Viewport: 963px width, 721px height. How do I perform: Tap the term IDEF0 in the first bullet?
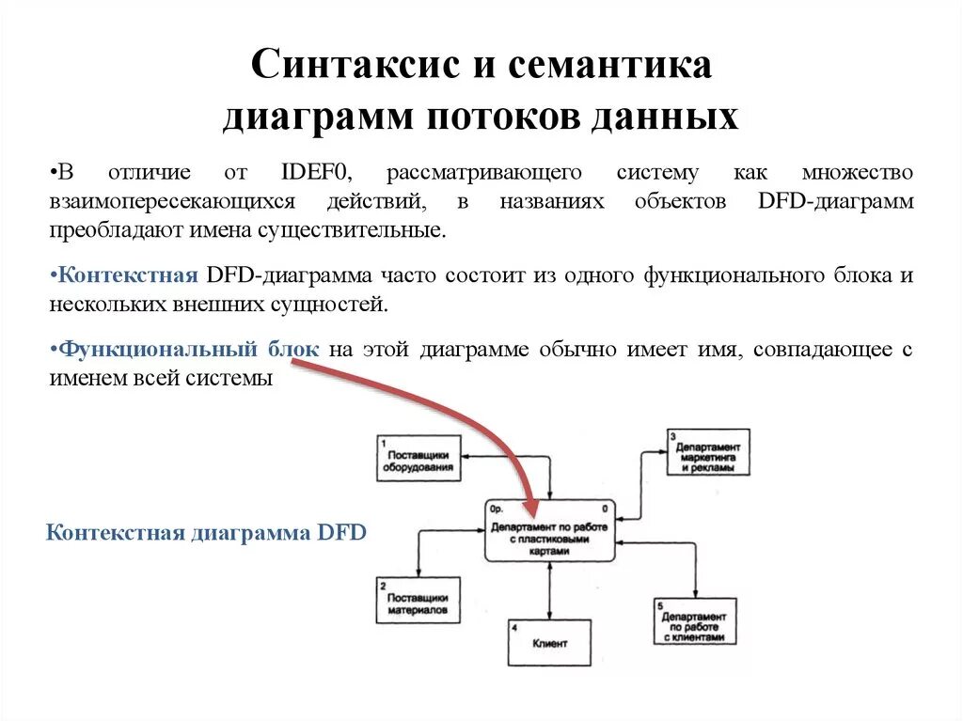314,173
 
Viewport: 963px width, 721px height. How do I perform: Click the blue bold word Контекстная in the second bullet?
127,275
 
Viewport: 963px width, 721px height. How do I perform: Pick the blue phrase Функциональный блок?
189,350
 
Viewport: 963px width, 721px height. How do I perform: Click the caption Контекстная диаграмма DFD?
205,533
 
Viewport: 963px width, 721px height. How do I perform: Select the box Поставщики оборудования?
418,460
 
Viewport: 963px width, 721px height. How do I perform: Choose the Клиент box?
549,643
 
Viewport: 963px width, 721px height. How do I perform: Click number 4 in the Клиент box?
513,626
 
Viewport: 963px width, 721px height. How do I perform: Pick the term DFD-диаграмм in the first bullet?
833,202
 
